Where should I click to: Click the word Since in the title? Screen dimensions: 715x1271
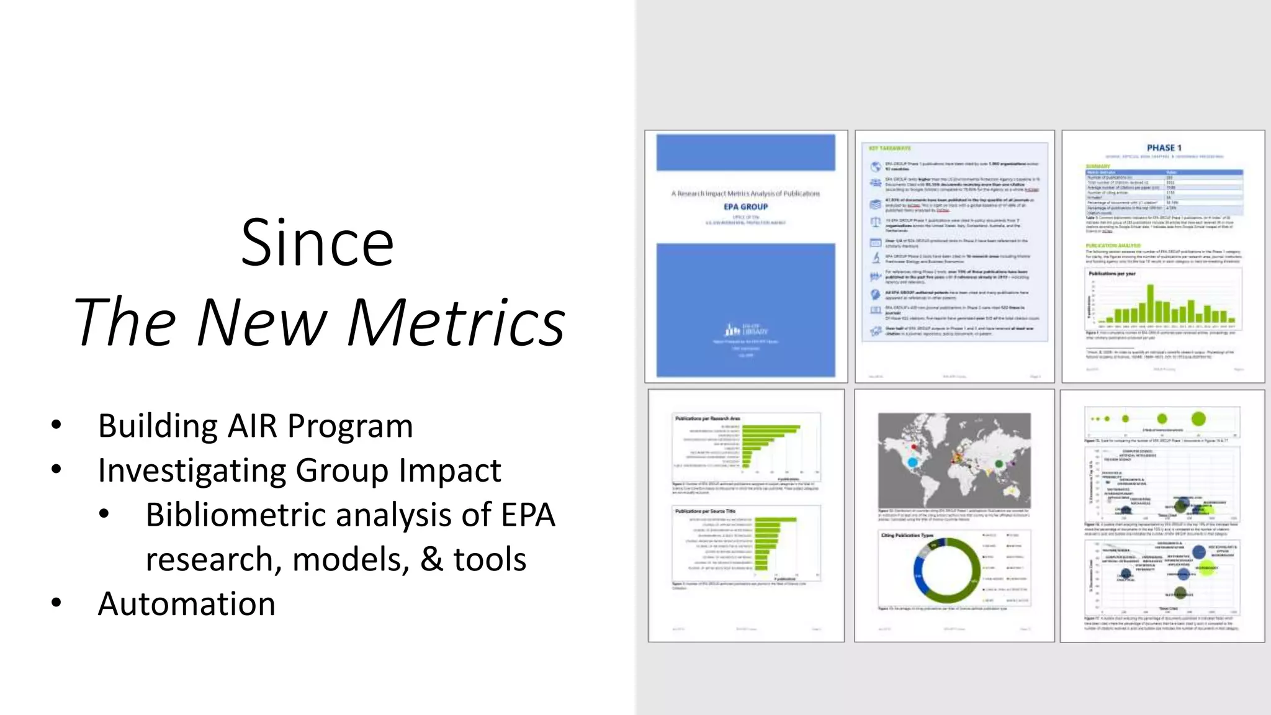(x=317, y=243)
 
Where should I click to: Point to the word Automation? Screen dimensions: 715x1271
(x=186, y=604)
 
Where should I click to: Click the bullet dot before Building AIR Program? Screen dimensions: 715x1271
(x=56, y=426)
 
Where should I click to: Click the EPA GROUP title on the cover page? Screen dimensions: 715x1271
(x=745, y=207)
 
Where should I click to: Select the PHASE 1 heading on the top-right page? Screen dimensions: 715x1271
(x=1164, y=148)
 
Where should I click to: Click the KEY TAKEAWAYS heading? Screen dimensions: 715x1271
(x=889, y=148)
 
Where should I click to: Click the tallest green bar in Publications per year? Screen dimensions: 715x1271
(x=1150, y=303)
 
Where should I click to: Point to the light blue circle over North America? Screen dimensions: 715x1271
(x=912, y=462)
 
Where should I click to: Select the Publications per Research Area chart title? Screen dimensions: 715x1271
(x=707, y=419)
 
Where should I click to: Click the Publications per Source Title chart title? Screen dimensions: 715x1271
(x=705, y=511)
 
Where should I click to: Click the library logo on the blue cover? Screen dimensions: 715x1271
(x=745, y=330)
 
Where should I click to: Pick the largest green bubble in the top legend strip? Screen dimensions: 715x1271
(x=1198, y=419)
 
